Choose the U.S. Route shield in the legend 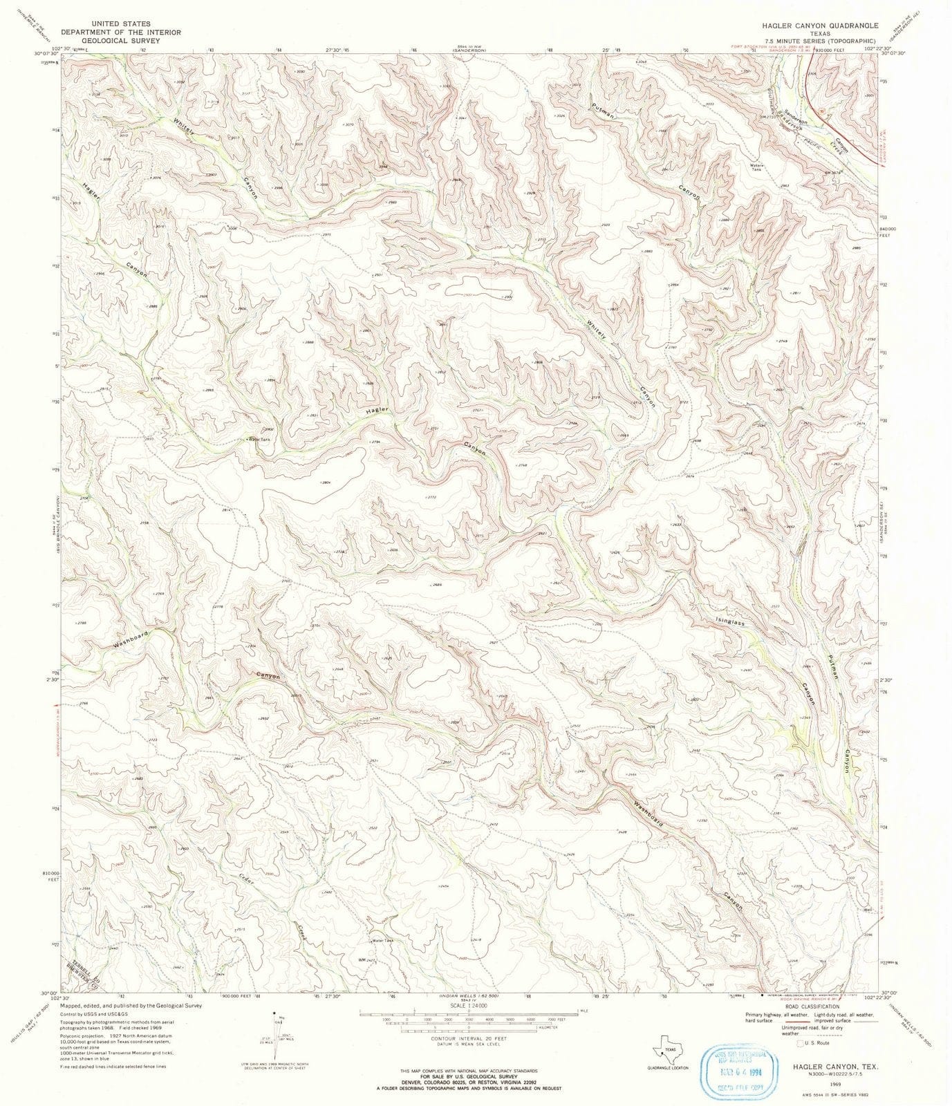point(801,1043)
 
